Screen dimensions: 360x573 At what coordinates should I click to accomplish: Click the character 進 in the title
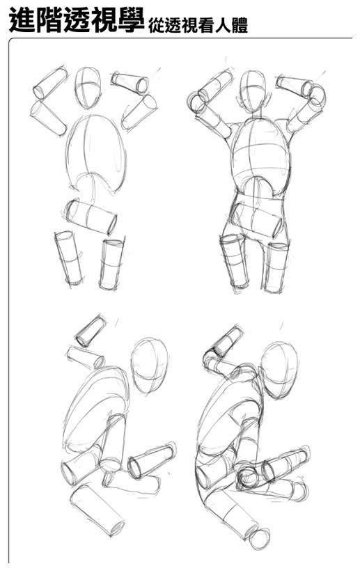(x=22, y=20)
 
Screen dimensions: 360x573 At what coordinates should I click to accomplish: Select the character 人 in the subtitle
(x=223, y=26)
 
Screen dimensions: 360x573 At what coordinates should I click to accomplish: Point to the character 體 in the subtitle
(x=240, y=26)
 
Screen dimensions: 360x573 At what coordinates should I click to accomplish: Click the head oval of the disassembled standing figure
(x=88, y=87)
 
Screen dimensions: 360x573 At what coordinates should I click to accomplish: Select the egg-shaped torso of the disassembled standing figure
(x=96, y=153)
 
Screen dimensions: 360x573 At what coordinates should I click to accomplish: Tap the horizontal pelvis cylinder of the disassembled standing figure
(x=91, y=217)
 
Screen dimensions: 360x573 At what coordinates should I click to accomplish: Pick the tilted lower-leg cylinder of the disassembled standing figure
(x=69, y=258)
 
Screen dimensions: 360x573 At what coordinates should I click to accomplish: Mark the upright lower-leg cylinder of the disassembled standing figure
(x=111, y=264)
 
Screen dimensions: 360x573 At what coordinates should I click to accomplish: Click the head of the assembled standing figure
(x=253, y=91)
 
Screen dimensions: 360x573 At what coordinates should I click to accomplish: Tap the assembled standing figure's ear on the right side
(x=269, y=100)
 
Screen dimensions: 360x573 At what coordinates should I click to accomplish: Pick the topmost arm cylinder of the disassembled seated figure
(x=91, y=331)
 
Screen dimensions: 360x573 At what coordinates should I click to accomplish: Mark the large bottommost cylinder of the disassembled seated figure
(x=98, y=510)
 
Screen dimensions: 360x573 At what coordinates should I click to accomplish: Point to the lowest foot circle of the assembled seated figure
(x=260, y=539)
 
